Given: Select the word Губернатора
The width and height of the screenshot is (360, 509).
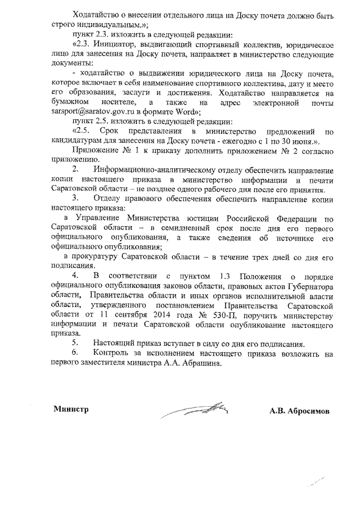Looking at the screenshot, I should tap(310, 285).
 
